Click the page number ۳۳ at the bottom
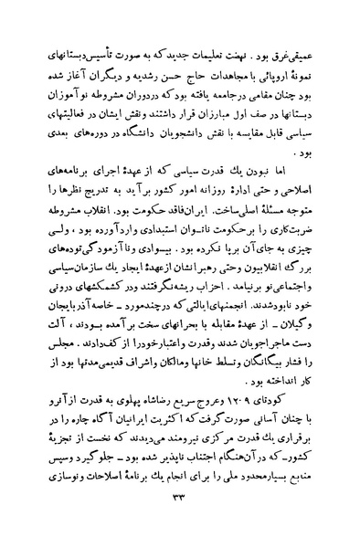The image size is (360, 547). [x=180, y=521]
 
